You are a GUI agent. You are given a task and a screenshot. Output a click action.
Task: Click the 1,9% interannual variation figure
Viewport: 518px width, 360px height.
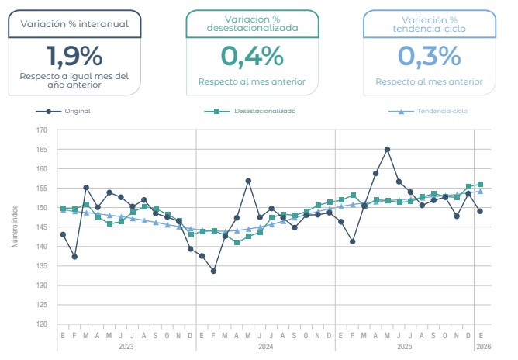(x=74, y=57)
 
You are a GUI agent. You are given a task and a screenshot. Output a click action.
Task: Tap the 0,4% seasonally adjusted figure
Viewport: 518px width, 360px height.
(x=252, y=57)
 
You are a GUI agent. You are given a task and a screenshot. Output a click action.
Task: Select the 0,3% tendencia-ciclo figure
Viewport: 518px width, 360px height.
(x=429, y=57)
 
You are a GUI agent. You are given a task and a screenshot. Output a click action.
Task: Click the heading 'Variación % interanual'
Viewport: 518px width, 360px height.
(x=74, y=23)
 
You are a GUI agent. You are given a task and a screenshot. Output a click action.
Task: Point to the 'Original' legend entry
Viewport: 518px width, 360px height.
(x=78, y=111)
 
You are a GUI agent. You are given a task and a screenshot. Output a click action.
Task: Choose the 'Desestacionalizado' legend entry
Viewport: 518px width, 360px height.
(x=264, y=111)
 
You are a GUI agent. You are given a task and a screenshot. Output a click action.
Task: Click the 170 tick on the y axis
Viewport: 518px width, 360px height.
(x=42, y=130)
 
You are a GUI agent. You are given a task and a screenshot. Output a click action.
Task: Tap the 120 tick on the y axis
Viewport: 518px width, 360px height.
(x=42, y=324)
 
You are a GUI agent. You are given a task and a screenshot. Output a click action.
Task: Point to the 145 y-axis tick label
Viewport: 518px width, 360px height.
(x=42, y=227)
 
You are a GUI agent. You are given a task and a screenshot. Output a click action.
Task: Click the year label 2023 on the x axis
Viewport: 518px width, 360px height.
(x=126, y=345)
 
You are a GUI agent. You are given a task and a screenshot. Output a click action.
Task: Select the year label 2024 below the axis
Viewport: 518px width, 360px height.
(x=265, y=345)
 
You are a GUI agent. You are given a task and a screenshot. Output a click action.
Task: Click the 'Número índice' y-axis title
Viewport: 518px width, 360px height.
(x=15, y=227)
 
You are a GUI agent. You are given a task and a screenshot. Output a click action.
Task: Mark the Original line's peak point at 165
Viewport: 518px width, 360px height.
(x=387, y=149)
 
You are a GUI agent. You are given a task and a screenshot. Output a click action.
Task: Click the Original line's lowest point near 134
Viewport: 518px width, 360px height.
(x=213, y=271)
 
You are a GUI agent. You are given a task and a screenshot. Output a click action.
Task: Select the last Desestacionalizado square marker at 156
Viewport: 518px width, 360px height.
(x=480, y=185)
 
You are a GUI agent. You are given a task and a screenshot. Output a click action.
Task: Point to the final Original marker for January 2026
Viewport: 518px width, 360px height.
(x=480, y=211)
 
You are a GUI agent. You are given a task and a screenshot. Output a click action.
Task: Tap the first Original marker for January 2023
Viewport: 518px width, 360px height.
(x=63, y=234)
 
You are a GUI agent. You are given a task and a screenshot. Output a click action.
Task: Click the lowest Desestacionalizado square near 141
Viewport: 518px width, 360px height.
(x=237, y=243)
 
